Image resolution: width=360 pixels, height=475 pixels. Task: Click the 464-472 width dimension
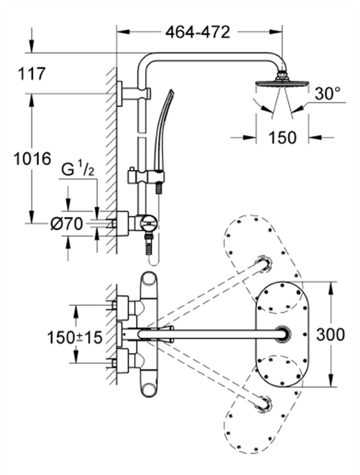pos(198,32)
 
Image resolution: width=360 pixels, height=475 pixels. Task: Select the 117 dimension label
pos(32,74)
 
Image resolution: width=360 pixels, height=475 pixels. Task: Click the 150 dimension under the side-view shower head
pos(282,138)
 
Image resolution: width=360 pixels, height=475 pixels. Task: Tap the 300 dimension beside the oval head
pos(331,334)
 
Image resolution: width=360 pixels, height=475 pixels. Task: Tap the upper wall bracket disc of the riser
pos(120,93)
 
